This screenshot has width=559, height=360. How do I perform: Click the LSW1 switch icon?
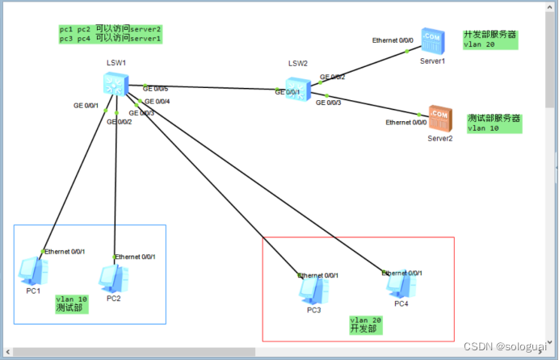point(114,83)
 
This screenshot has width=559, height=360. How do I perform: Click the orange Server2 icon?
point(440,118)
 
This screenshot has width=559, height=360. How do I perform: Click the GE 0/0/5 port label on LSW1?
point(155,88)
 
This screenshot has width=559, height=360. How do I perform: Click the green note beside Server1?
point(490,40)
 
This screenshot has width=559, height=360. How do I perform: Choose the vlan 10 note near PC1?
point(71,303)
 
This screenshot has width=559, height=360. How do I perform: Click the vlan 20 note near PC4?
point(366,324)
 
